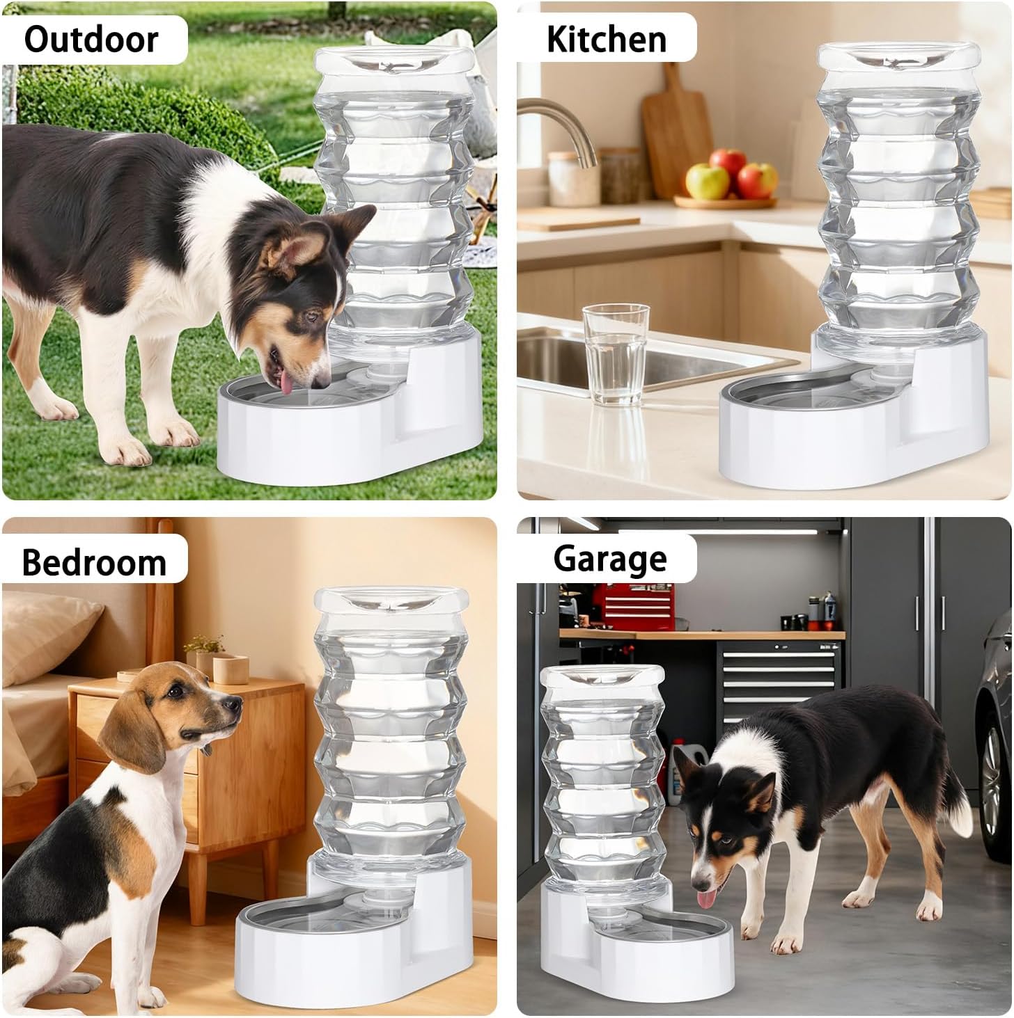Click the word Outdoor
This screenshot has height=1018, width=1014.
click(91, 40)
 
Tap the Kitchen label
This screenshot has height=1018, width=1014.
click(606, 39)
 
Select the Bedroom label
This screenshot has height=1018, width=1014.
click(94, 563)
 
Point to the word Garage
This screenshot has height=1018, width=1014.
click(610, 559)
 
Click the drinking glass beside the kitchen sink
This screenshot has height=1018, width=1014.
click(615, 353)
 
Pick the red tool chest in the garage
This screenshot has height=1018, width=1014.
click(633, 607)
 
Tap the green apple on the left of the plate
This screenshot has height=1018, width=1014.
click(707, 181)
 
